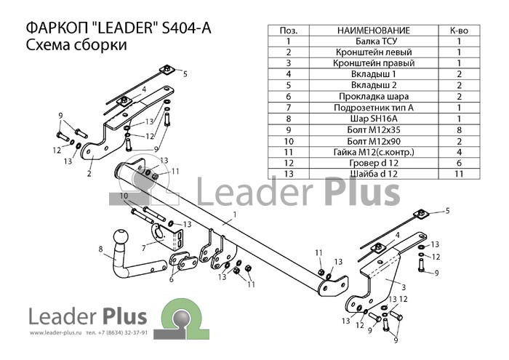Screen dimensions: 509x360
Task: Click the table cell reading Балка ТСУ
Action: click(374, 41)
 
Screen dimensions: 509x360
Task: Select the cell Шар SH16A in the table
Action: click(374, 119)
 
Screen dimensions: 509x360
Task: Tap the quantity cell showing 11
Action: click(459, 174)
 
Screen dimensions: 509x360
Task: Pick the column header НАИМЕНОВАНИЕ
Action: click(374, 31)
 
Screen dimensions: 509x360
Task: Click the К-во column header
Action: click(459, 31)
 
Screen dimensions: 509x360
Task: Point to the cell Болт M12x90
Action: click(374, 141)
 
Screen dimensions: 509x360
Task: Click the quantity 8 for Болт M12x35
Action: click(459, 130)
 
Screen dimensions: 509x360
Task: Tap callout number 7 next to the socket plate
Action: click(144, 248)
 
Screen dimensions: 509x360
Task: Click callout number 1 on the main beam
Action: click(234, 215)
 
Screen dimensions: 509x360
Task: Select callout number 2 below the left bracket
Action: click(89, 174)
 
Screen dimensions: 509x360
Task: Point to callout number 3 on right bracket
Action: click(404, 287)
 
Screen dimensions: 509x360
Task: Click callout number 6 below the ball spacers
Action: click(171, 279)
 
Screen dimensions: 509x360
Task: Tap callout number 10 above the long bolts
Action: click(124, 196)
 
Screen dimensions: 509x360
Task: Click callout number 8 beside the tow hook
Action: click(100, 249)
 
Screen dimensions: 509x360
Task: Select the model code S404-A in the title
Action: click(186, 28)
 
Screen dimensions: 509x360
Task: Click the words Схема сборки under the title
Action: click(76, 45)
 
